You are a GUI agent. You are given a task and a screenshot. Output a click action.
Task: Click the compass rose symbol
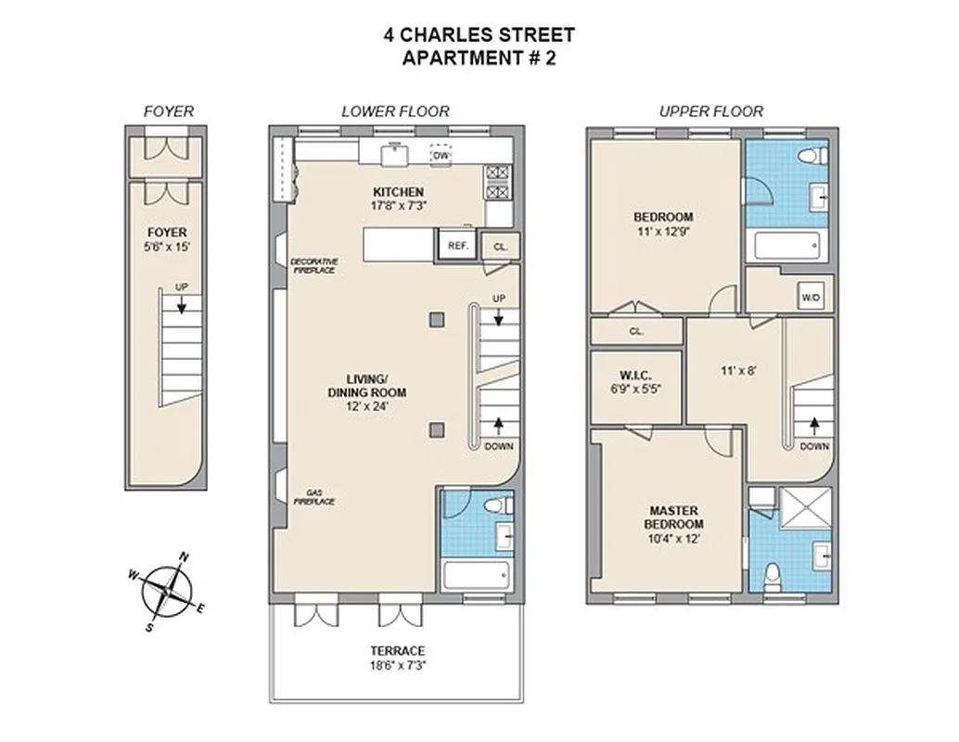pos(167,590)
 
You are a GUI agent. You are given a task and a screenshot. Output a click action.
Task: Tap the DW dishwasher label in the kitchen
pos(441,156)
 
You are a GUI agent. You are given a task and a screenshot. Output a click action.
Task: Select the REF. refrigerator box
pos(456,246)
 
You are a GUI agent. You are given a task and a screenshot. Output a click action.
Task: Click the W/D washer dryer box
pos(810,298)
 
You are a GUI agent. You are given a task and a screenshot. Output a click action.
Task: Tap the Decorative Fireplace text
pos(313,265)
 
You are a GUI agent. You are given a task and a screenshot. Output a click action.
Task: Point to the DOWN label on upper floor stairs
pos(813,446)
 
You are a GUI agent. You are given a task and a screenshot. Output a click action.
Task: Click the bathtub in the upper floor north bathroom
pos(786,245)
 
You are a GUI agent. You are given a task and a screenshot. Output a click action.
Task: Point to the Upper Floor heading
pos(710,111)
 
